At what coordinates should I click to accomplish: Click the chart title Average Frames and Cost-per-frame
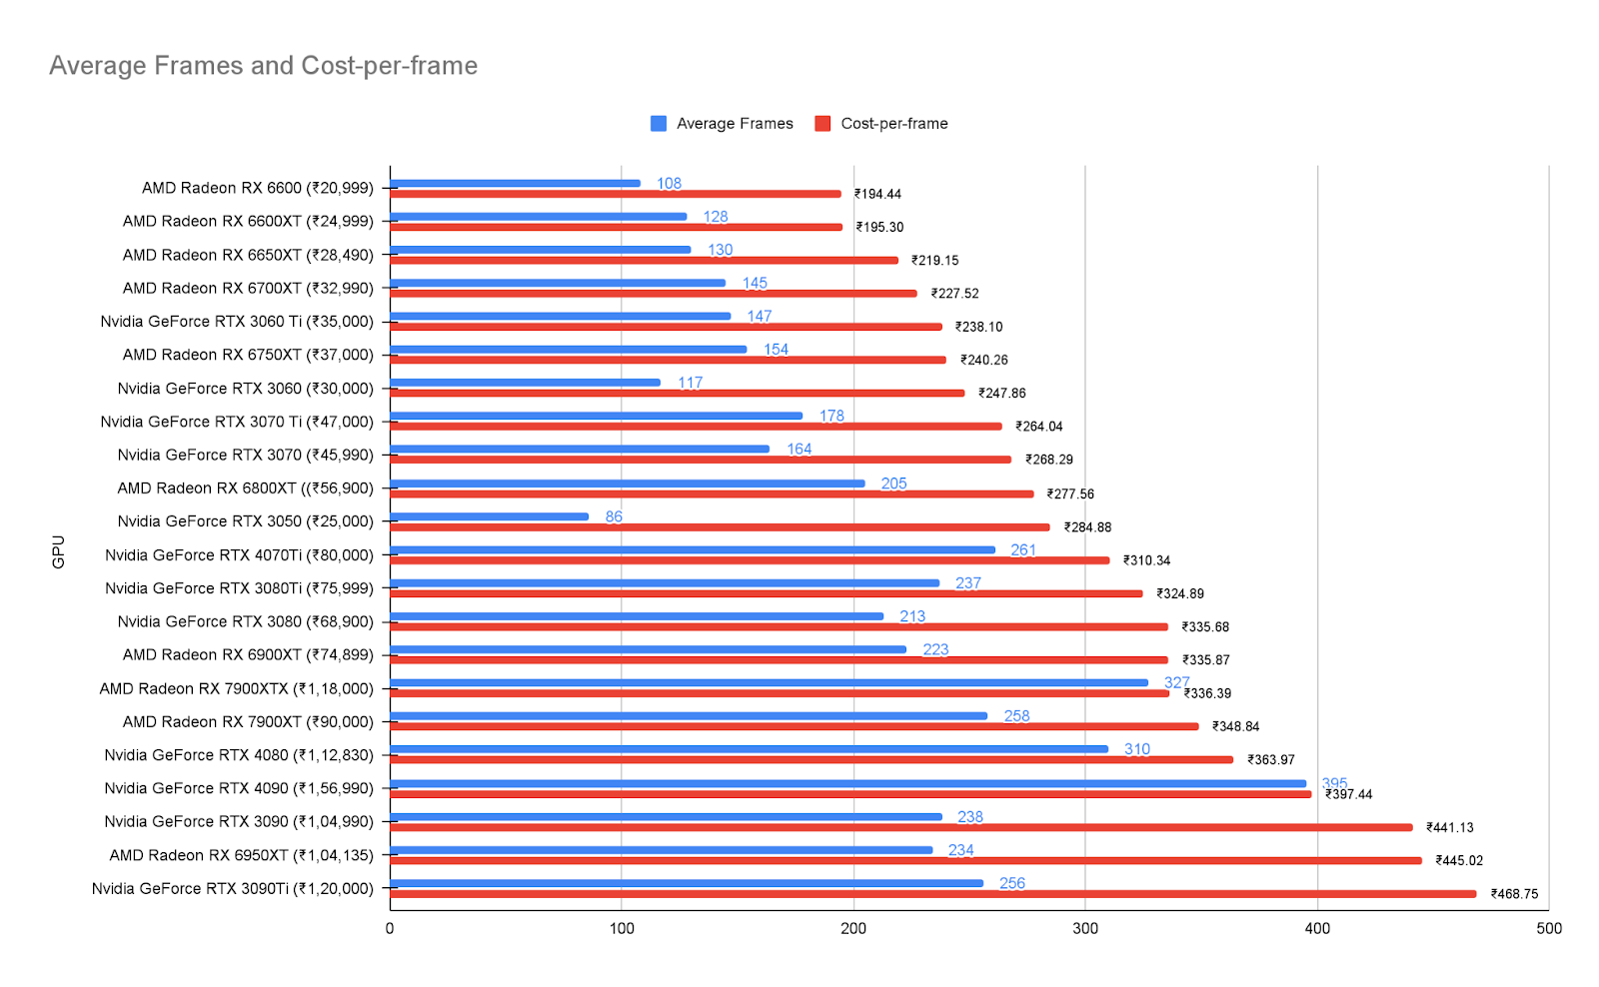pyautogui.click(x=263, y=66)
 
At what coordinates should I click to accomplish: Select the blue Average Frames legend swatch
pyautogui.click(x=659, y=124)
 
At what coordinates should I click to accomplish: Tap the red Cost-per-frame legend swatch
pyautogui.click(x=822, y=124)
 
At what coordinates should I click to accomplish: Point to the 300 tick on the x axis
pyautogui.click(x=1085, y=928)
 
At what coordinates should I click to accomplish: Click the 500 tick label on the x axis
pyautogui.click(x=1548, y=928)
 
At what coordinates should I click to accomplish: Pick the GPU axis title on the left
pyautogui.click(x=59, y=551)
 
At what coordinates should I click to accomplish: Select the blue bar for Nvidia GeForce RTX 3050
pyautogui.click(x=489, y=516)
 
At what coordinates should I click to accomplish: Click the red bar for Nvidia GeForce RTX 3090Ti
pyautogui.click(x=932, y=894)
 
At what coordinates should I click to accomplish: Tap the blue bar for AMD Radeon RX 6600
pyautogui.click(x=515, y=183)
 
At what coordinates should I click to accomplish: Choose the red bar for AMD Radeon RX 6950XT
pyautogui.click(x=905, y=860)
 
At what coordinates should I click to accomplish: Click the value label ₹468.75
pyautogui.click(x=1514, y=894)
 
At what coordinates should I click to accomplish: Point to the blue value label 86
pyautogui.click(x=614, y=516)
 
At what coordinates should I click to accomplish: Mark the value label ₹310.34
pyautogui.click(x=1146, y=560)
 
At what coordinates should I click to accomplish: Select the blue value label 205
pyautogui.click(x=893, y=484)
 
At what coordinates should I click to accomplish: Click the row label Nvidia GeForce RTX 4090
pyautogui.click(x=239, y=788)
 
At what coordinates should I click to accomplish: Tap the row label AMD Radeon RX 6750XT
pyautogui.click(x=248, y=355)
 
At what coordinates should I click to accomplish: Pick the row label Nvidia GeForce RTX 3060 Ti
pyautogui.click(x=237, y=322)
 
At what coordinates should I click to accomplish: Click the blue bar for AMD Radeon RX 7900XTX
pyautogui.click(x=769, y=682)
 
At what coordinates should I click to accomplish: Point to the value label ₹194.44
pyautogui.click(x=877, y=194)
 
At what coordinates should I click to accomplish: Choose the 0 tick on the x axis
pyautogui.click(x=390, y=928)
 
